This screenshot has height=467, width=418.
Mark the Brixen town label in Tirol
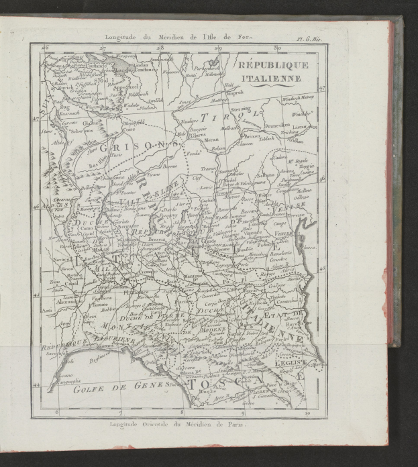pyautogui.click(x=252, y=136)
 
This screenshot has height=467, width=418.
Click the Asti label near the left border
pyautogui.click(x=46, y=310)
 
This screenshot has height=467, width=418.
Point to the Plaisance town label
pyautogui.click(x=138, y=293)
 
